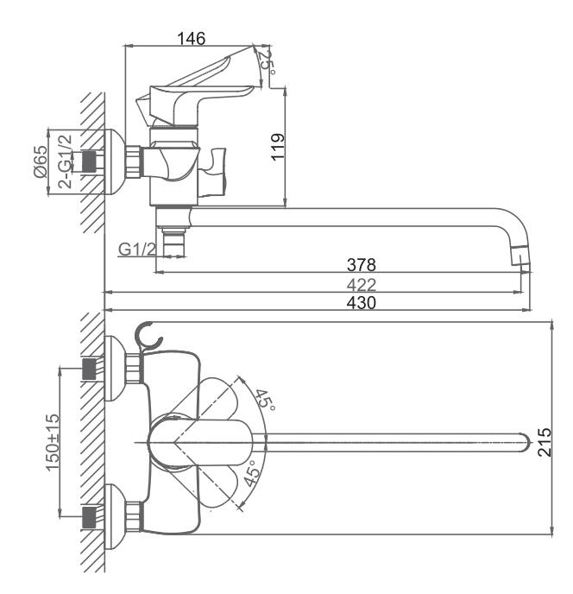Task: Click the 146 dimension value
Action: (x=192, y=37)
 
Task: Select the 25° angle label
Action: (x=268, y=66)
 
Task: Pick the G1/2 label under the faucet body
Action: (x=136, y=250)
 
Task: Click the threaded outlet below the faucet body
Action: (x=173, y=238)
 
